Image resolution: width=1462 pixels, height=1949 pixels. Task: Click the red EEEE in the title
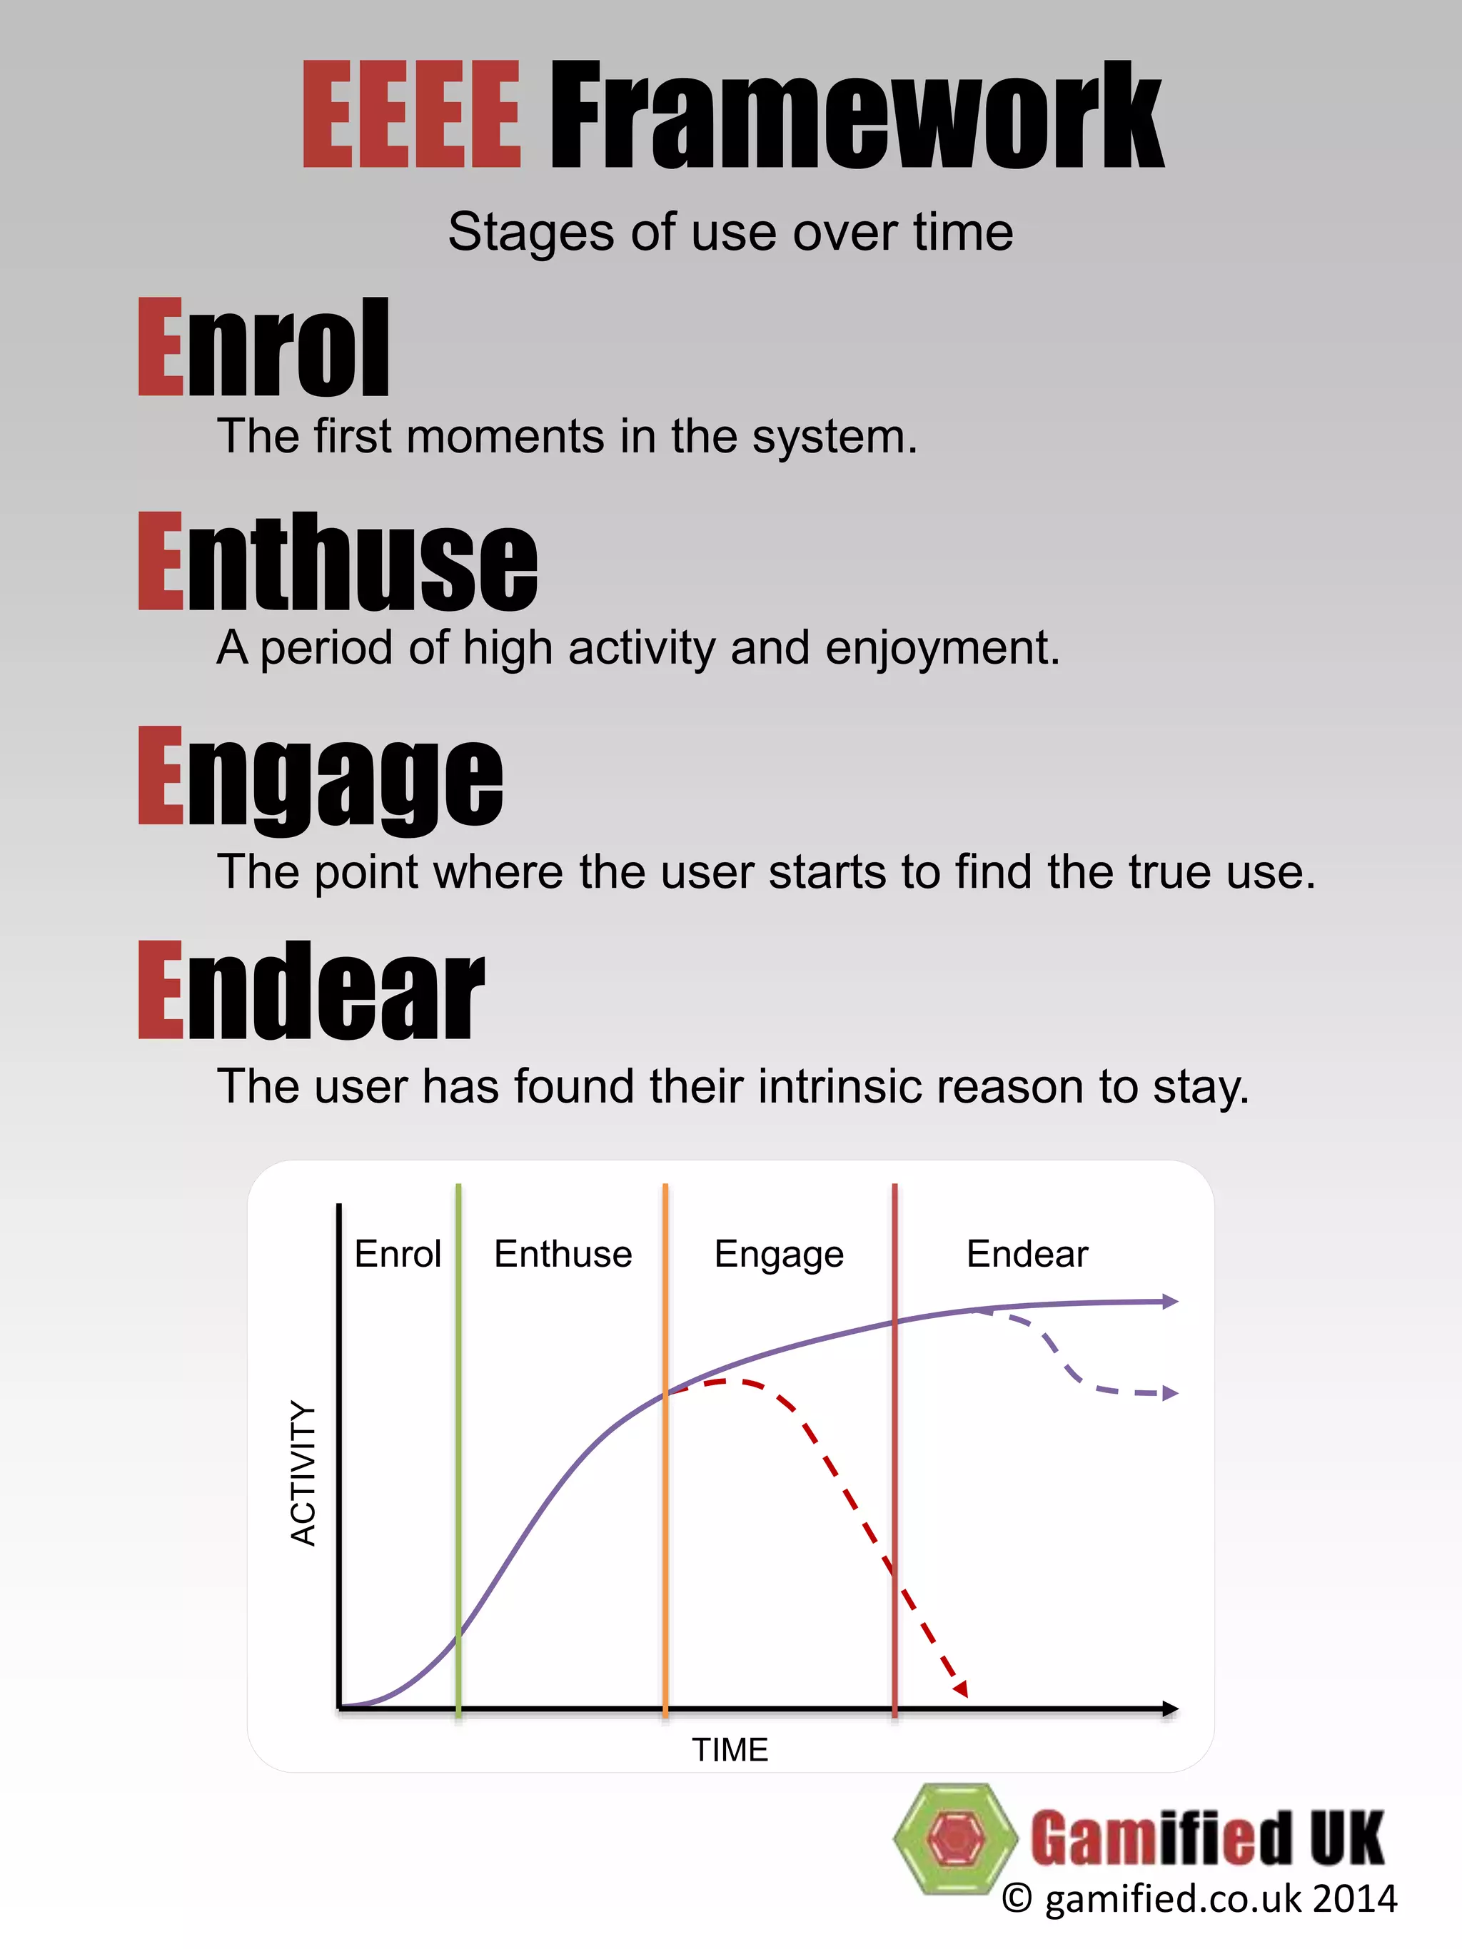coord(412,115)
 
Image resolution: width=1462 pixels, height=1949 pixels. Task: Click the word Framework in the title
coord(856,115)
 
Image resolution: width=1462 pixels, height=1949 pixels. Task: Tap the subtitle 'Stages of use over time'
coord(730,233)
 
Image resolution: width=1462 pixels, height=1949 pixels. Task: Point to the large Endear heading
coord(312,991)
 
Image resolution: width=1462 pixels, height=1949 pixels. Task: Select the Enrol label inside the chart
coord(398,1254)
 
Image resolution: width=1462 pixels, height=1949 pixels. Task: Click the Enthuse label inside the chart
coord(563,1254)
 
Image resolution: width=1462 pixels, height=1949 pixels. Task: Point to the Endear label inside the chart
coord(1027,1254)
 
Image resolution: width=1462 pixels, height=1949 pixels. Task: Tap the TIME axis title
coord(730,1749)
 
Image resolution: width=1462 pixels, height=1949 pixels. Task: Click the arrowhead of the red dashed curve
coord(962,1689)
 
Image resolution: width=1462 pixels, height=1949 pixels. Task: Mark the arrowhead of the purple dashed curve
coord(1170,1393)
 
